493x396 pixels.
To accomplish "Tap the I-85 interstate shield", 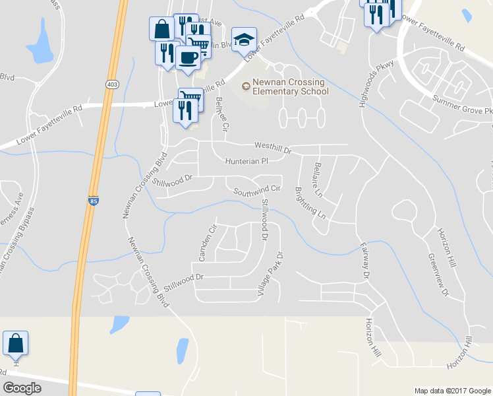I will [x=94, y=200].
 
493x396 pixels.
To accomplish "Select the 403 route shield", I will [x=112, y=84].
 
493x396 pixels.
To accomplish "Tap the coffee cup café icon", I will [x=188, y=57].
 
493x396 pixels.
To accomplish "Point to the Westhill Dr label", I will [x=272, y=148].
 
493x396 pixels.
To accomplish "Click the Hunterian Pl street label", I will [x=246, y=161].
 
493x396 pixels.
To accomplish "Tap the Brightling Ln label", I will [x=310, y=203].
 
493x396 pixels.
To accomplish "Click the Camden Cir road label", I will [x=203, y=242].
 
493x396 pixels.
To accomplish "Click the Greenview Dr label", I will [x=438, y=274].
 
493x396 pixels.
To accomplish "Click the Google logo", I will [x=22, y=387].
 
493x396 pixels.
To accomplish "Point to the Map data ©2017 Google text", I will [x=451, y=391].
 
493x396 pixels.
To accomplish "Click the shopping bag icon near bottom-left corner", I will [x=15, y=344].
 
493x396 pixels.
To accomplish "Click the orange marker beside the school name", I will [x=246, y=85].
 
